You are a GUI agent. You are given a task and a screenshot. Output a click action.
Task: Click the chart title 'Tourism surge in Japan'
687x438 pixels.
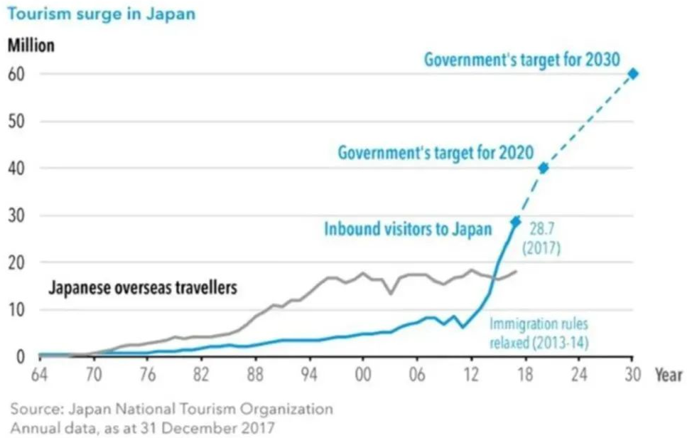[x=101, y=14]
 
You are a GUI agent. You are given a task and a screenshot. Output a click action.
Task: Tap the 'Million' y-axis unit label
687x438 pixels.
[x=31, y=45]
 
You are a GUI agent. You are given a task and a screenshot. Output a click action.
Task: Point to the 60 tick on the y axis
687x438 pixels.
[x=17, y=74]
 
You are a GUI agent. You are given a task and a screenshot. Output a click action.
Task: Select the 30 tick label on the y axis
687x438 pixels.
[x=17, y=215]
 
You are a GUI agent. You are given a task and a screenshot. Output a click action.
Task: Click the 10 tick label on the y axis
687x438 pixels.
[x=17, y=310]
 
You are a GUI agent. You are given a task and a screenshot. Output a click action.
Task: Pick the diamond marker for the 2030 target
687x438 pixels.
[x=633, y=74]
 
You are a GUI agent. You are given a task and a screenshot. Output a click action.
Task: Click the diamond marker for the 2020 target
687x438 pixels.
[x=543, y=169]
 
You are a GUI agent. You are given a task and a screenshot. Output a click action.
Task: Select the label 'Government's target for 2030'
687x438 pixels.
[x=523, y=59]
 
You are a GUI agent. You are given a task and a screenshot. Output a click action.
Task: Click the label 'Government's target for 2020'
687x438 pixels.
[x=436, y=152]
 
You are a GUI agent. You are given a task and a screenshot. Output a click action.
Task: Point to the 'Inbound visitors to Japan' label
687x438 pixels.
[x=408, y=229]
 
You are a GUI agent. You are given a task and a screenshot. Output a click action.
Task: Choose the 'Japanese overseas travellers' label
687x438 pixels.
[x=142, y=289]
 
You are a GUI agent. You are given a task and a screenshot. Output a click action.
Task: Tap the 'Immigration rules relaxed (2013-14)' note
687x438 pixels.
[x=539, y=333]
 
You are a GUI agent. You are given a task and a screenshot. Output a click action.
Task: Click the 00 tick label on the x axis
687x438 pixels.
[x=363, y=375]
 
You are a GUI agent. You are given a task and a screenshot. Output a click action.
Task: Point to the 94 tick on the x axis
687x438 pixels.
[x=309, y=375]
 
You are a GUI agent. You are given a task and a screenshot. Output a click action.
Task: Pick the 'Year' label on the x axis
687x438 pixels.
[x=669, y=375]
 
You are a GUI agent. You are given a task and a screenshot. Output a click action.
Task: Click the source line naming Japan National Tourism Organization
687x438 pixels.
[x=171, y=409]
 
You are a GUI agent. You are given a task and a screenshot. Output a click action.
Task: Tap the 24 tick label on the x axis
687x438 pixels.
[x=578, y=375]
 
